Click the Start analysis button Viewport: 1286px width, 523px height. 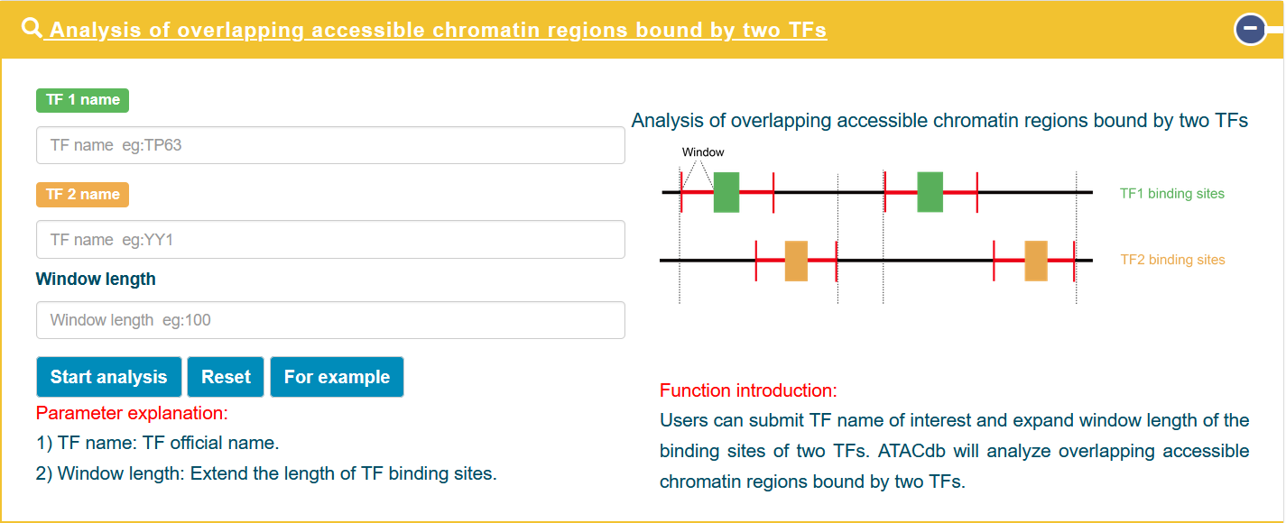(109, 377)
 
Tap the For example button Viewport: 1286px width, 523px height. (337, 377)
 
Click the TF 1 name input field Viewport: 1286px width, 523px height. (330, 145)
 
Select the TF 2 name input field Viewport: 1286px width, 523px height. (330, 239)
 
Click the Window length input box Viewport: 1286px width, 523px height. (330, 320)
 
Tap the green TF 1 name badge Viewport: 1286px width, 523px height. (83, 100)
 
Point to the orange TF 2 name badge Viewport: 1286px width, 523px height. (83, 195)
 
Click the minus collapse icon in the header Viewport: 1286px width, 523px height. (1251, 29)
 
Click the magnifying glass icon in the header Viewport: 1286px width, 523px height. (32, 28)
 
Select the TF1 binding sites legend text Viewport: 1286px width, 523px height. (1171, 194)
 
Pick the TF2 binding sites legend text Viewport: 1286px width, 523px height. (1172, 260)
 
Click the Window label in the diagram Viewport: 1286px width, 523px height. (703, 152)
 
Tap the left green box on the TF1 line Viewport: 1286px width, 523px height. (726, 192)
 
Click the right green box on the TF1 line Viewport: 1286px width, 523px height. (930, 192)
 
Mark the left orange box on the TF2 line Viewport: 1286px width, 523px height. (796, 261)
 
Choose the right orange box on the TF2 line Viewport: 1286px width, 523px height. (1036, 261)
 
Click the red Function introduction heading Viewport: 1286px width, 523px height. (748, 390)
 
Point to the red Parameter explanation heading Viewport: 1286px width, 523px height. (132, 413)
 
